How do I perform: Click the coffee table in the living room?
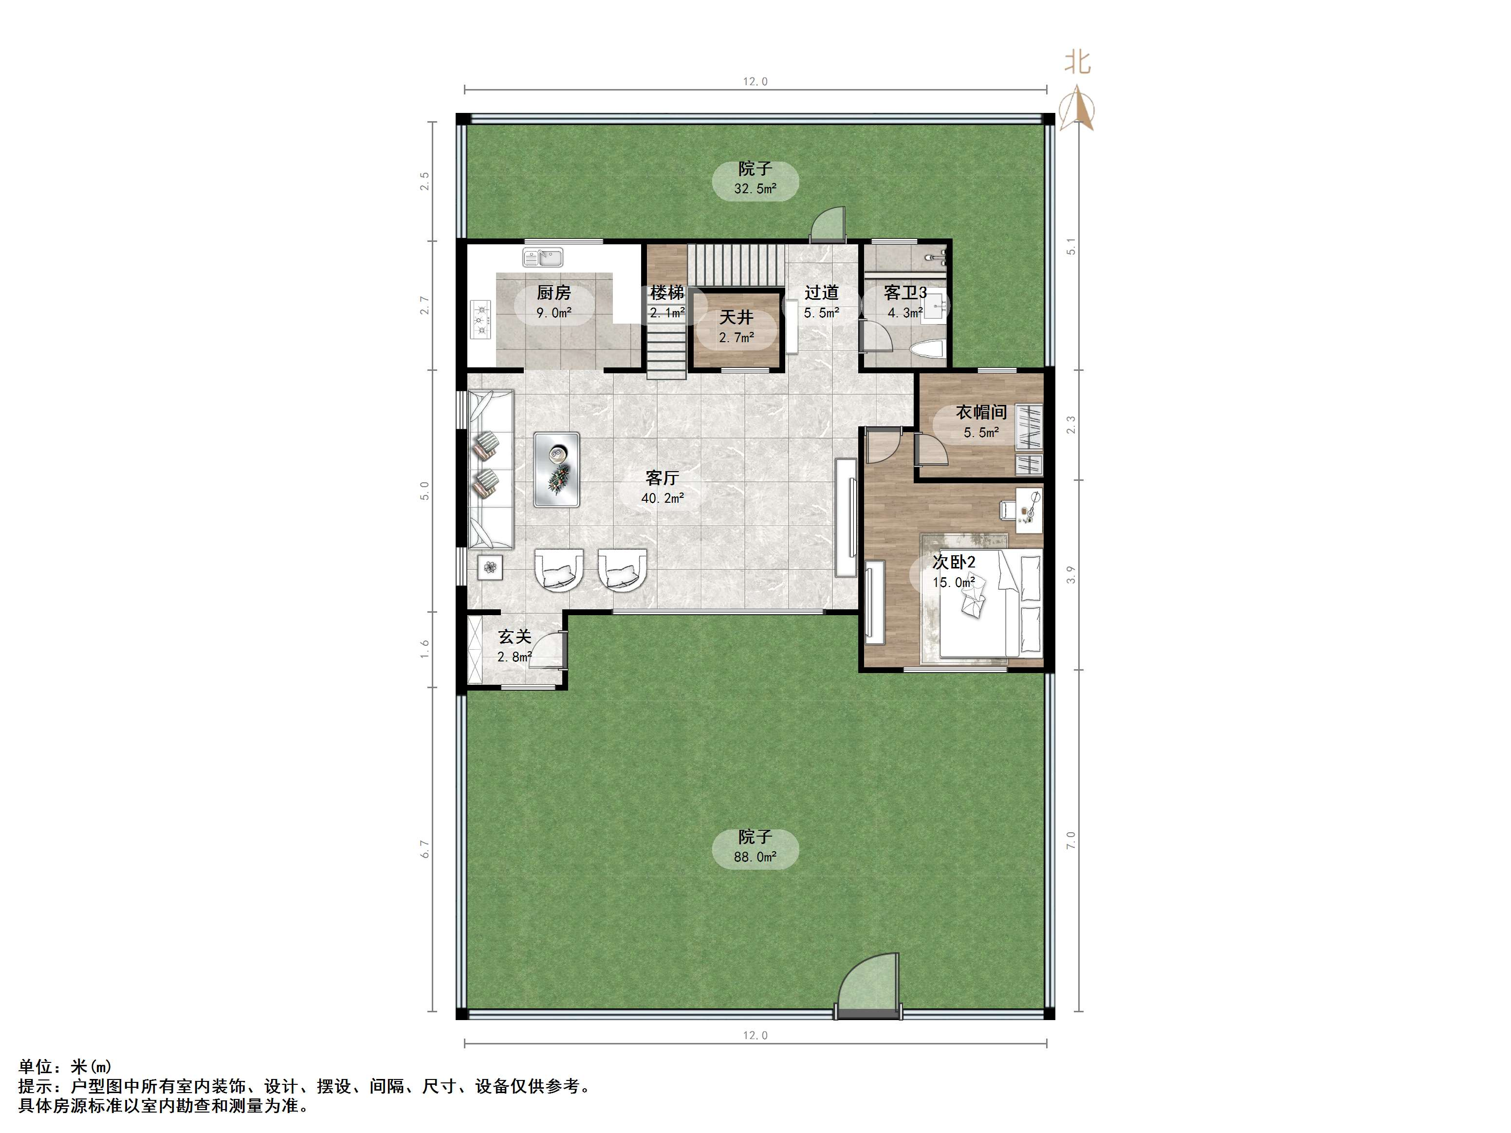point(557,470)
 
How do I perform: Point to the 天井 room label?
point(736,318)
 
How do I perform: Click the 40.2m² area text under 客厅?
point(662,498)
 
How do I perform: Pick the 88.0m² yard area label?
point(755,857)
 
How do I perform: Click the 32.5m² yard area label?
point(755,188)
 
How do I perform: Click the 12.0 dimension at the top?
point(755,81)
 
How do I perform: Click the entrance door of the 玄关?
point(550,649)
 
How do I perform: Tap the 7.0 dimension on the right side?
point(1071,840)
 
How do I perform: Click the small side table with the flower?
point(490,566)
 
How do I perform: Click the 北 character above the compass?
point(1077,63)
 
